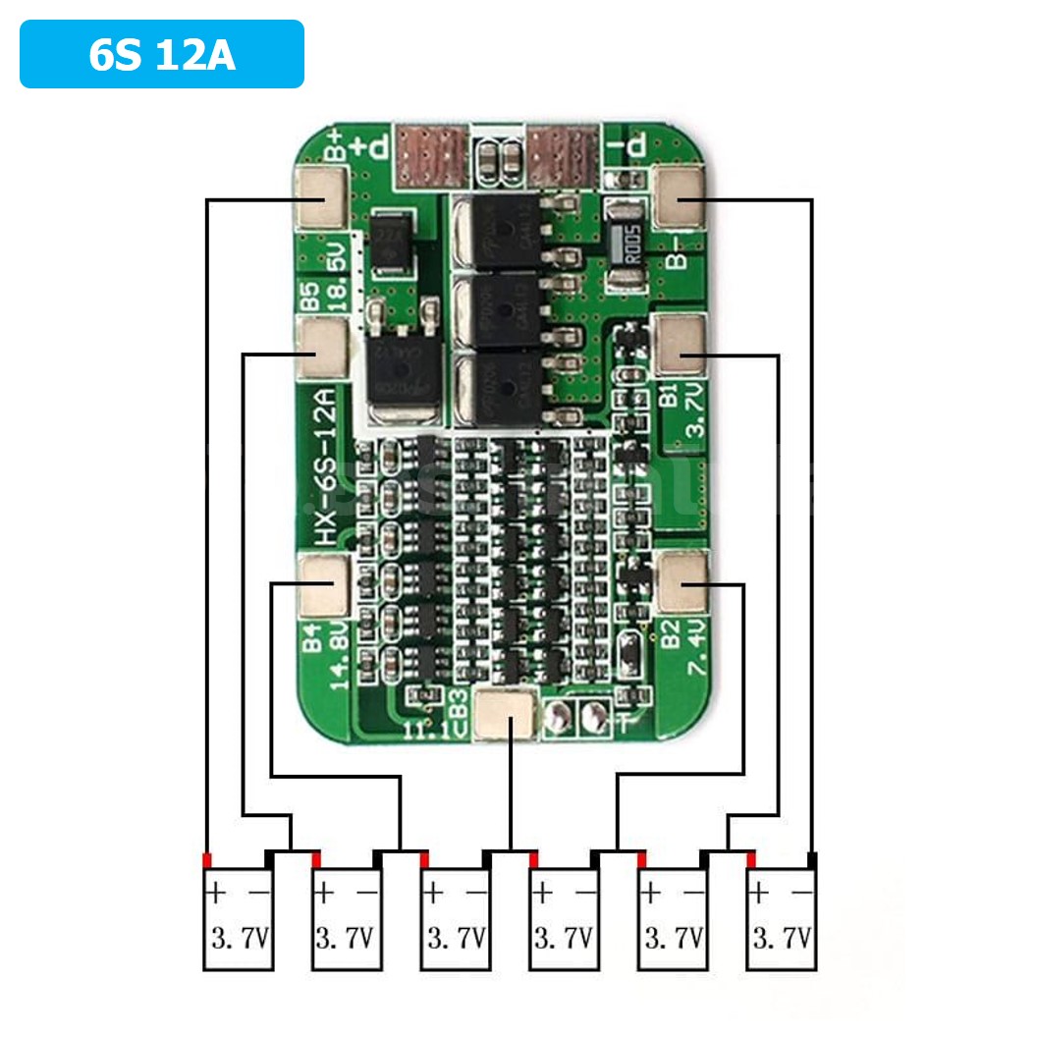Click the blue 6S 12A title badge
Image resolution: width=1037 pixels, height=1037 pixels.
click(162, 55)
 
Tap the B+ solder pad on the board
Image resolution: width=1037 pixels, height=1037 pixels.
click(321, 197)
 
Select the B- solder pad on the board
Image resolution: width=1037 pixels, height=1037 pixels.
click(679, 197)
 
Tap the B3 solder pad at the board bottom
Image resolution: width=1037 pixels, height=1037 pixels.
click(507, 713)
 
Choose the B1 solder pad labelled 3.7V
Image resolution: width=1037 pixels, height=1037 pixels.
click(681, 347)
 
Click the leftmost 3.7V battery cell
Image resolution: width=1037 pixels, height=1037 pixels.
click(238, 919)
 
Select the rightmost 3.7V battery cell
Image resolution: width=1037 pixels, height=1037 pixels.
click(782, 919)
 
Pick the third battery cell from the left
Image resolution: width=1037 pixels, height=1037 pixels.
click(456, 919)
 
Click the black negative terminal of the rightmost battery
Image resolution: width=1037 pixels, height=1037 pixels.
click(812, 861)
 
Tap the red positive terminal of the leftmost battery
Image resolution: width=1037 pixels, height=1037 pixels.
click(207, 861)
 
